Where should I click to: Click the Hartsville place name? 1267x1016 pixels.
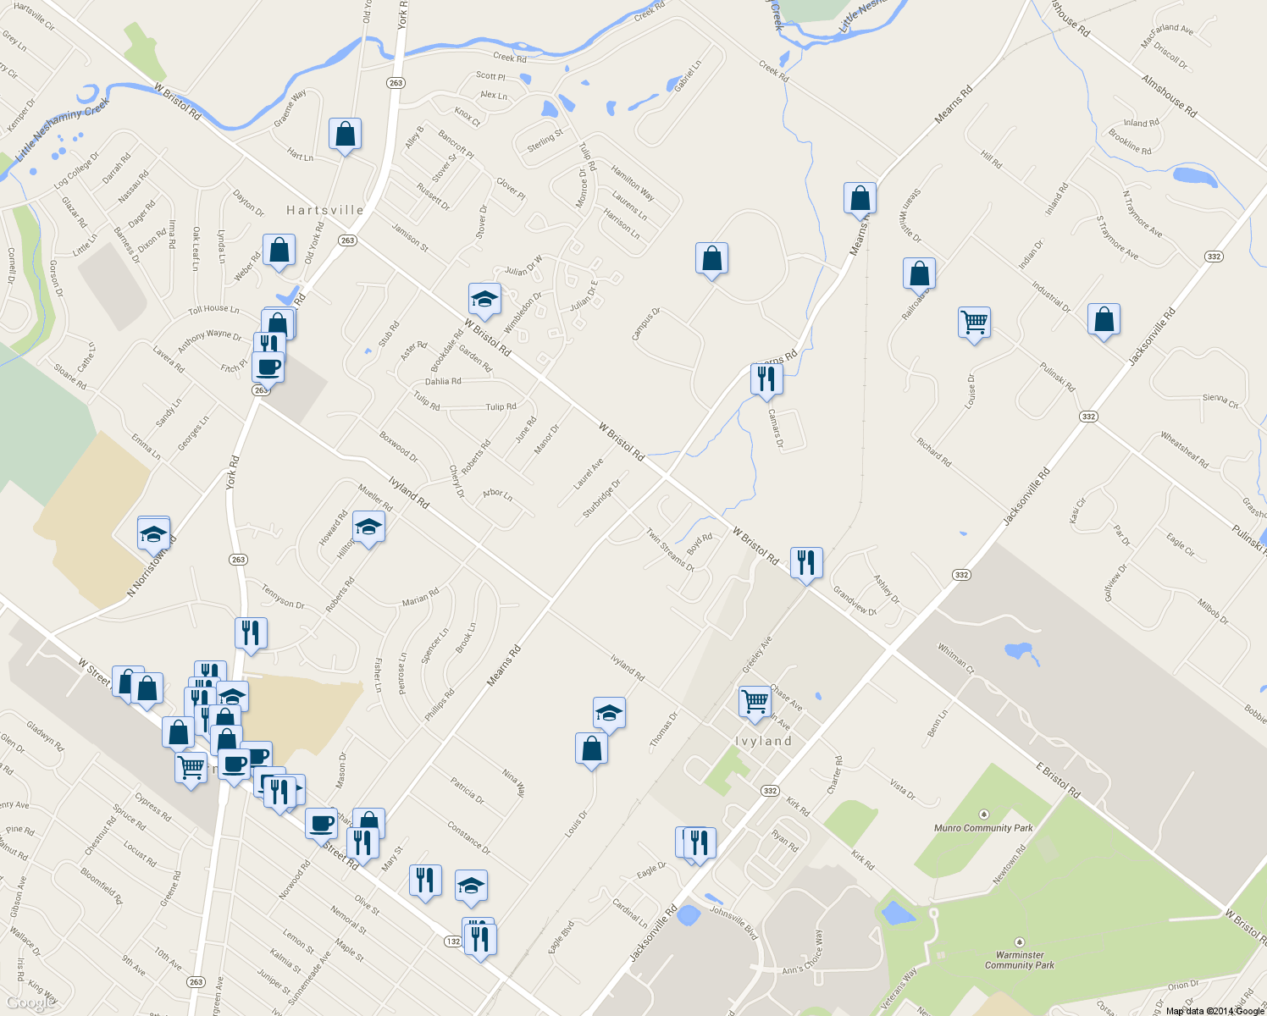pyautogui.click(x=325, y=210)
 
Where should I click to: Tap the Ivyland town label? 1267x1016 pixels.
pyautogui.click(x=764, y=741)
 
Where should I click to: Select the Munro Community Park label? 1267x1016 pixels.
pyautogui.click(x=983, y=827)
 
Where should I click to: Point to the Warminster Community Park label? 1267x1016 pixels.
pyautogui.click(x=1020, y=959)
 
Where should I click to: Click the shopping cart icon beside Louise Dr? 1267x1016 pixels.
pyautogui.click(x=975, y=323)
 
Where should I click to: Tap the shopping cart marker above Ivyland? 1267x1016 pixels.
pyautogui.click(x=755, y=701)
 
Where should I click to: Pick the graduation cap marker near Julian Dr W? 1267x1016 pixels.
pyautogui.click(x=484, y=299)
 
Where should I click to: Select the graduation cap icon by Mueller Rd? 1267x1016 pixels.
pyautogui.click(x=368, y=527)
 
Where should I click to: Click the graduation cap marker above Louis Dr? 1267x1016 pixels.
pyautogui.click(x=609, y=714)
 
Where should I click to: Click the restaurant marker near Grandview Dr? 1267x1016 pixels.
pyautogui.click(x=806, y=562)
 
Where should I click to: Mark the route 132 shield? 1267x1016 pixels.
pyautogui.click(x=453, y=941)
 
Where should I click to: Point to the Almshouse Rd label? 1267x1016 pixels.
pyautogui.click(x=1169, y=96)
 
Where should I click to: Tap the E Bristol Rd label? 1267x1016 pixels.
pyautogui.click(x=1058, y=780)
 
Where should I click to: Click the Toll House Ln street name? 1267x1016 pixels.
pyautogui.click(x=213, y=310)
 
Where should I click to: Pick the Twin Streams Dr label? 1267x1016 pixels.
pyautogui.click(x=670, y=550)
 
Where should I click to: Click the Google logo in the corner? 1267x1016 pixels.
pyautogui.click(x=30, y=1003)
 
